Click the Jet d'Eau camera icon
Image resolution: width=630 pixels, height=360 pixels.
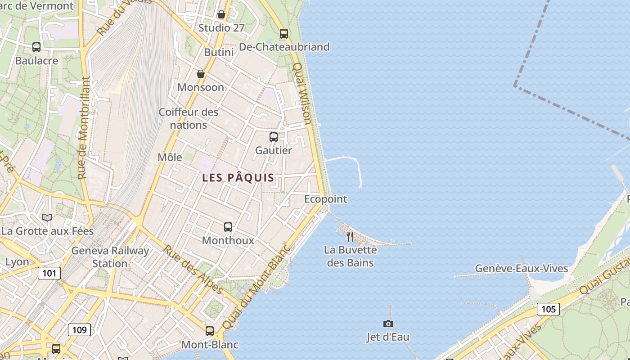388,324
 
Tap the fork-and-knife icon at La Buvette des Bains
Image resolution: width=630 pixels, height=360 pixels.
350,236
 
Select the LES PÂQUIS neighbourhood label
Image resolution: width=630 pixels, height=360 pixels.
238,177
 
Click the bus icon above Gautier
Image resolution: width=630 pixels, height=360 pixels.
273,137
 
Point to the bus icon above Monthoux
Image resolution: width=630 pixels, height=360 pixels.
228,227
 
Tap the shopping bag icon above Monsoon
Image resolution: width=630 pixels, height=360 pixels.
201,74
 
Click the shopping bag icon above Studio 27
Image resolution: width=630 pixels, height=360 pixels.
221,14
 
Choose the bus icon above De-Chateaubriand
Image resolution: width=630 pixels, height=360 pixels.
283,34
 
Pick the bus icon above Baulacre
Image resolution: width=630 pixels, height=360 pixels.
36,47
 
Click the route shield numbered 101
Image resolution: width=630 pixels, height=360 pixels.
49,273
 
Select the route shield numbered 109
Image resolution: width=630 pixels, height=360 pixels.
79,330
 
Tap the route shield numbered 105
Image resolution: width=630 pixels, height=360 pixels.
548,309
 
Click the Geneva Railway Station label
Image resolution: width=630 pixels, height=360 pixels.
110,257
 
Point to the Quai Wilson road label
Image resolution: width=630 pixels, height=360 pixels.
302,93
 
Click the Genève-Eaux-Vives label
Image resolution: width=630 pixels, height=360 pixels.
522,269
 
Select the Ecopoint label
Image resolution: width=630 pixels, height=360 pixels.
325,199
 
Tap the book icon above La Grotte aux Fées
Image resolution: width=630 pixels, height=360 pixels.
47,218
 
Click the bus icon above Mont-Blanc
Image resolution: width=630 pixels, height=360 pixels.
210,331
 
